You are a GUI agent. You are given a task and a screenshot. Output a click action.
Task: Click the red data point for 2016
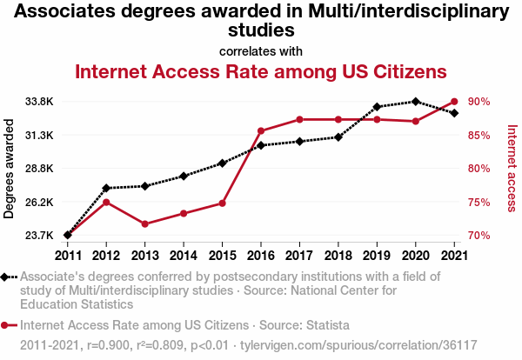(x=261, y=131)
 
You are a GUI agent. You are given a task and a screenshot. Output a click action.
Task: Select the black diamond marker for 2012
(x=106, y=188)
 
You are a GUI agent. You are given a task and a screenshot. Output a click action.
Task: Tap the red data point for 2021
(x=454, y=102)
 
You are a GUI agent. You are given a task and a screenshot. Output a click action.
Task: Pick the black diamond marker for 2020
(x=416, y=102)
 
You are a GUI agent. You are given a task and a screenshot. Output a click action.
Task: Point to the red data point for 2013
(x=144, y=224)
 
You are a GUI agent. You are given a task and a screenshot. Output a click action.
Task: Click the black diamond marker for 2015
(x=222, y=163)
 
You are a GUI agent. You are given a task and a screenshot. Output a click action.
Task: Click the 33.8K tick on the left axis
(x=39, y=102)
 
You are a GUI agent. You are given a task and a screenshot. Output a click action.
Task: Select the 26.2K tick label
(x=39, y=202)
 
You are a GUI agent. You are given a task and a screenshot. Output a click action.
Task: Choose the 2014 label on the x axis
(x=184, y=255)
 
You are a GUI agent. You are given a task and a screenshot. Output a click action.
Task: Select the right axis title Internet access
(x=512, y=168)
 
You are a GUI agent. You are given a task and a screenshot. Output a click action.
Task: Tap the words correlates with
(x=261, y=50)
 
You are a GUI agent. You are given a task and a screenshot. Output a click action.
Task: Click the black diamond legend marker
(x=8, y=277)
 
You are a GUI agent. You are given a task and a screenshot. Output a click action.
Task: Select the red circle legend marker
(x=8, y=325)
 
